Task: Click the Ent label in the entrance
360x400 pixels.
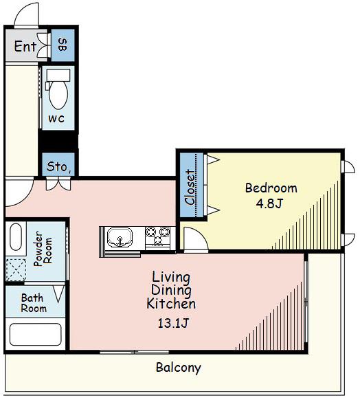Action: pos(25,46)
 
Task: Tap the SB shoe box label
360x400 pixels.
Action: pos(63,45)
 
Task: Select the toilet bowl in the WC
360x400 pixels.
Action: pos(58,95)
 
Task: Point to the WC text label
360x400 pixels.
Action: pos(56,119)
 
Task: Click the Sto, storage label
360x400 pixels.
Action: pos(58,167)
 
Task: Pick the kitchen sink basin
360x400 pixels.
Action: pos(120,238)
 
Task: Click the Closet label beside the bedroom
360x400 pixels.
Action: pos(190,187)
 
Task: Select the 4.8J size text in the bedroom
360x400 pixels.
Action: pos(269,203)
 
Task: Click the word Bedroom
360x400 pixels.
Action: pos(271,188)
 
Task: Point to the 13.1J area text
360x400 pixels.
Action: pos(173,323)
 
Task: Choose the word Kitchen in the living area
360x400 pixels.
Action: pos(171,304)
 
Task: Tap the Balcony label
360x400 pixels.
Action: pos(179,368)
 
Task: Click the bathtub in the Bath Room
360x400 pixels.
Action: pos(36,334)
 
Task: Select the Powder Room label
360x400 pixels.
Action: pos(43,249)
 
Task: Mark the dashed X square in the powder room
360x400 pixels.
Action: pos(16,270)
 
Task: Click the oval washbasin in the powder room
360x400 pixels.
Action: pos(16,237)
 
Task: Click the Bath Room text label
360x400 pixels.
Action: pos(34,303)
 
